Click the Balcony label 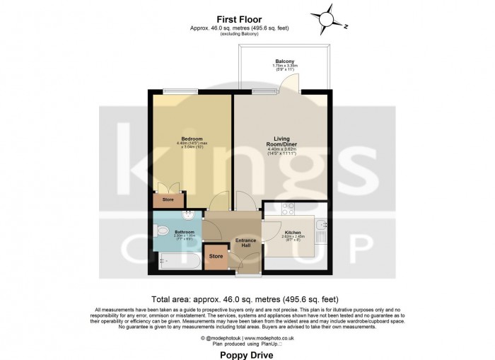(x=284, y=61)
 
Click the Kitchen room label (x=293, y=232)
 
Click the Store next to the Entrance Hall (x=216, y=256)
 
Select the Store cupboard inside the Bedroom (x=168, y=200)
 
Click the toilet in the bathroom (x=161, y=230)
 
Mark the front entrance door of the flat (x=244, y=265)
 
